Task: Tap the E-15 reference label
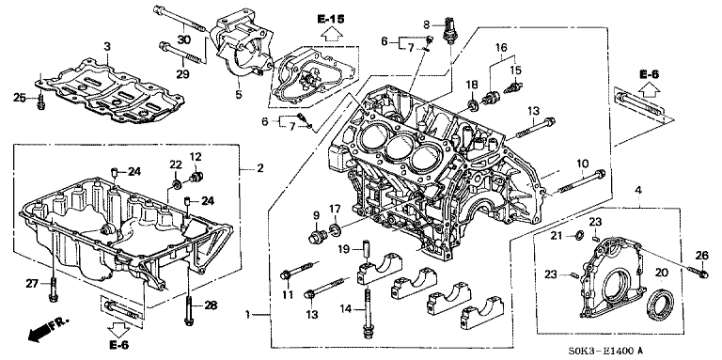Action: [x=330, y=20]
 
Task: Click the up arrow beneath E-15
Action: [x=330, y=35]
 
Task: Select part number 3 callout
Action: [x=107, y=46]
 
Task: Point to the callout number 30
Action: [x=183, y=39]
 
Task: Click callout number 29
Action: [x=183, y=73]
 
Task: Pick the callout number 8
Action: [x=427, y=23]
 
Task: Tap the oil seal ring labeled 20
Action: [x=660, y=305]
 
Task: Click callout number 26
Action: [x=700, y=255]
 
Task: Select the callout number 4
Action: [x=637, y=189]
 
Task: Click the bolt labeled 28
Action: [x=188, y=311]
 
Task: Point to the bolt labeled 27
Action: [x=53, y=290]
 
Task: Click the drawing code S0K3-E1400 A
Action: [x=605, y=352]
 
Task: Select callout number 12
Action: [x=195, y=156]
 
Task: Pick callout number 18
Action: [x=471, y=86]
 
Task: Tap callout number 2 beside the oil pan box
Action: [x=260, y=169]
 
